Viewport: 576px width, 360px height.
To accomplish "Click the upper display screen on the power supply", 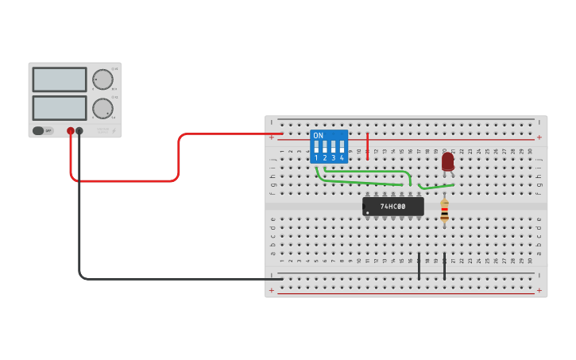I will click(x=60, y=79).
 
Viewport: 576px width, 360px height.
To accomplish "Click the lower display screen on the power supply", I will click(x=60, y=108).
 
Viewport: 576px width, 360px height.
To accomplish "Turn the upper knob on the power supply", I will click(x=102, y=79).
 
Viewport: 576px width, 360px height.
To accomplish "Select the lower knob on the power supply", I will click(x=102, y=108).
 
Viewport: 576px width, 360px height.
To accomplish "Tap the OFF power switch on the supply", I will click(x=43, y=131).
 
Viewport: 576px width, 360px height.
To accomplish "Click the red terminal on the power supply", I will click(x=71, y=131).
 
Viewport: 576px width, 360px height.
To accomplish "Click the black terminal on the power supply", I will click(x=79, y=131).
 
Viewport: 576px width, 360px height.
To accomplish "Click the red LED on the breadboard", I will click(x=447, y=161).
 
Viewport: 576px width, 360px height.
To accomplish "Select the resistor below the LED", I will click(x=444, y=211).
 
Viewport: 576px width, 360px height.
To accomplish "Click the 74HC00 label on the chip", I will click(x=392, y=207).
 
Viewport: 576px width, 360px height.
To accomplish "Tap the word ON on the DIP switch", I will click(x=319, y=136).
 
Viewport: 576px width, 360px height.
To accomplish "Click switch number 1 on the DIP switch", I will click(x=316, y=148).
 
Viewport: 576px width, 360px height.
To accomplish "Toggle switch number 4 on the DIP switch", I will click(x=342, y=148).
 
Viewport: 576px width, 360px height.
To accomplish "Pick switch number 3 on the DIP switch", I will click(x=334, y=148).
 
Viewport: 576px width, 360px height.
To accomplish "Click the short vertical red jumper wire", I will click(x=367, y=146).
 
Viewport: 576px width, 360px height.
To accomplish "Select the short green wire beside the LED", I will click(x=435, y=187).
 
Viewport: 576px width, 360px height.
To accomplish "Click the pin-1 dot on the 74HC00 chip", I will click(x=367, y=212).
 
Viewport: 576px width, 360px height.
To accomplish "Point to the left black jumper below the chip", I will click(x=419, y=266).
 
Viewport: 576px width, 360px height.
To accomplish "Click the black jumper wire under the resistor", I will click(x=444, y=266).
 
